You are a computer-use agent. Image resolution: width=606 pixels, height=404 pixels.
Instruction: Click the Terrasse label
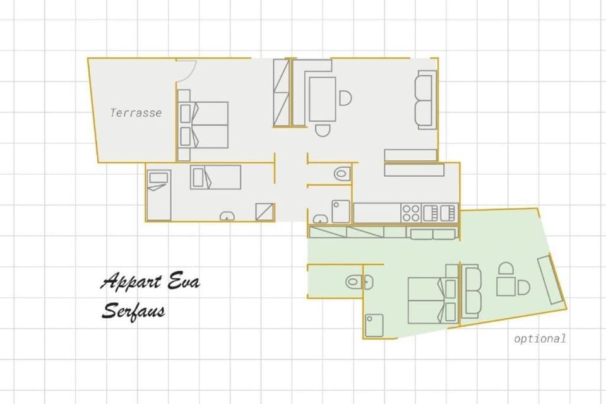pos(136,114)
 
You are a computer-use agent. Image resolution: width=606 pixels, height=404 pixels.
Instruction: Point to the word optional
pos(540,338)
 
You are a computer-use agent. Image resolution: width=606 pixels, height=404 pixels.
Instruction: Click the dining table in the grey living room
pos(322,98)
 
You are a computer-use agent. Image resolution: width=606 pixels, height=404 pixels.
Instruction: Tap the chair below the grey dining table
pos(323,131)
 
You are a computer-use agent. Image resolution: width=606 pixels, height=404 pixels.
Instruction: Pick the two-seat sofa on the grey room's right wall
pos(425,100)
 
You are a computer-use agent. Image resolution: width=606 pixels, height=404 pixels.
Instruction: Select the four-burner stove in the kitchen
pos(412,211)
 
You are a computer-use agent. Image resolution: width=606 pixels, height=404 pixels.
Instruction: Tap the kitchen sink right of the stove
pos(439,211)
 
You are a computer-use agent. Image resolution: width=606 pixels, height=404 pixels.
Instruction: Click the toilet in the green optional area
pos(355,282)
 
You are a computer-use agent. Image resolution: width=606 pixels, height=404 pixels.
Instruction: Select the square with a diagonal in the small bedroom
pos(264,211)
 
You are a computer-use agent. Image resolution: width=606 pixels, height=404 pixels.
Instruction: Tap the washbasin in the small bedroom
pos(225,217)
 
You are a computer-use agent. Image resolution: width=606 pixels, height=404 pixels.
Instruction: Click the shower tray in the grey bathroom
pos(341,211)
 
